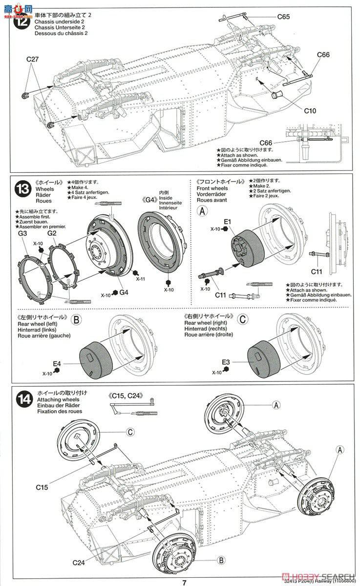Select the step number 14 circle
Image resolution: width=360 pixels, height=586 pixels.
23,400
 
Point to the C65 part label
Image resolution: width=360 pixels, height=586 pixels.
283,17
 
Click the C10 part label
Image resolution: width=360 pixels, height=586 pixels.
310,111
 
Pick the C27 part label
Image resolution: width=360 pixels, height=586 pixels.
33,60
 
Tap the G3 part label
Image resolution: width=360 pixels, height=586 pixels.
22,233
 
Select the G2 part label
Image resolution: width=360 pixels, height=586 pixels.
53,233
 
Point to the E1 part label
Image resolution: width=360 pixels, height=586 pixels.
227,222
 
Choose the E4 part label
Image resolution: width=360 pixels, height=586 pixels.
57,363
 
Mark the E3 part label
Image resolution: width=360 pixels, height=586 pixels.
226,361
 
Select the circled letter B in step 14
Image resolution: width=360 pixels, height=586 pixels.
220,560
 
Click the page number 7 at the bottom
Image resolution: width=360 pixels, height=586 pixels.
184,582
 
